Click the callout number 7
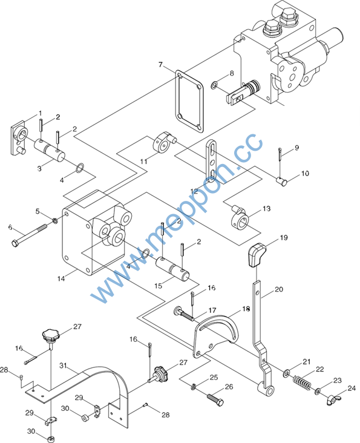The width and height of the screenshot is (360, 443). tap(160, 65)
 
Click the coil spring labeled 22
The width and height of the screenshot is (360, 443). tap(302, 382)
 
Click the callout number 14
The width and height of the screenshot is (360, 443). tap(61, 278)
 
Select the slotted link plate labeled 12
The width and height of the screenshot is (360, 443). tap(212, 160)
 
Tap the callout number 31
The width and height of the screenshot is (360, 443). tap(64, 366)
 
